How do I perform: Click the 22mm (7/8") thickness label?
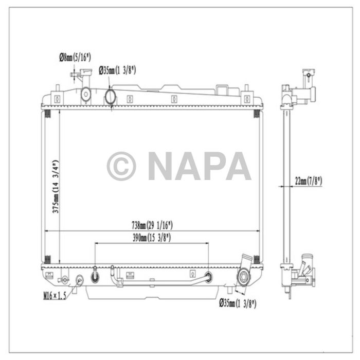308,181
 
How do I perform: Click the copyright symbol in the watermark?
121,166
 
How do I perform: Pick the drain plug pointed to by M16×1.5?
80,280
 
